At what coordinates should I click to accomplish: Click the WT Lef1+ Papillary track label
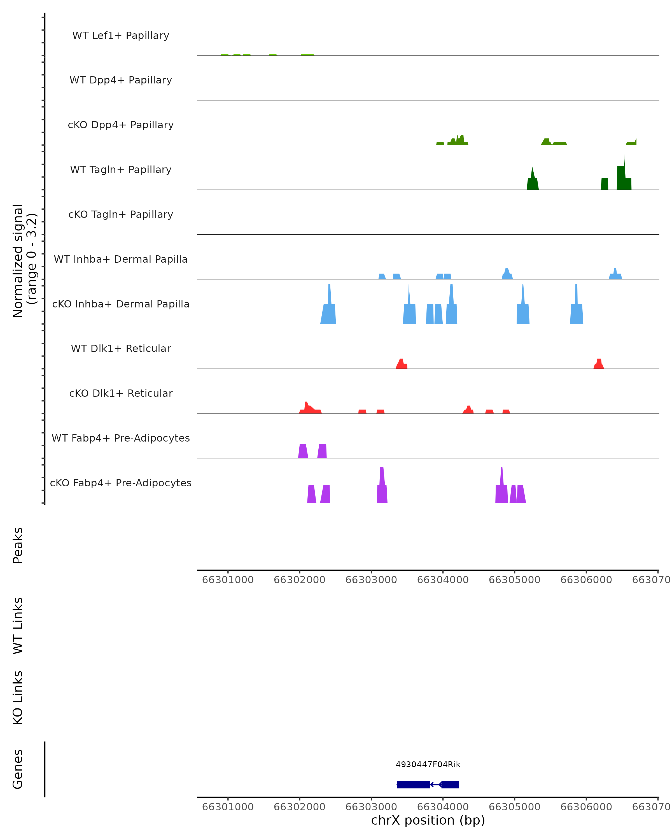121,36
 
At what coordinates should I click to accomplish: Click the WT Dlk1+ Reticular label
121,348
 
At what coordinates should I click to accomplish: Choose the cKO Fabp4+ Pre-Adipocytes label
121,483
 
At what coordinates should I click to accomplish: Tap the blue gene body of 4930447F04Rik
413,784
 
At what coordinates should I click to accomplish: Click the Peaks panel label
18,545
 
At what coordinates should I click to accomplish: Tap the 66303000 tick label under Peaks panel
371,580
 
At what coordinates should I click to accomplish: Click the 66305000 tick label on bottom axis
514,807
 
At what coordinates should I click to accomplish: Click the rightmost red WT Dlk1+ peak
599,364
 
